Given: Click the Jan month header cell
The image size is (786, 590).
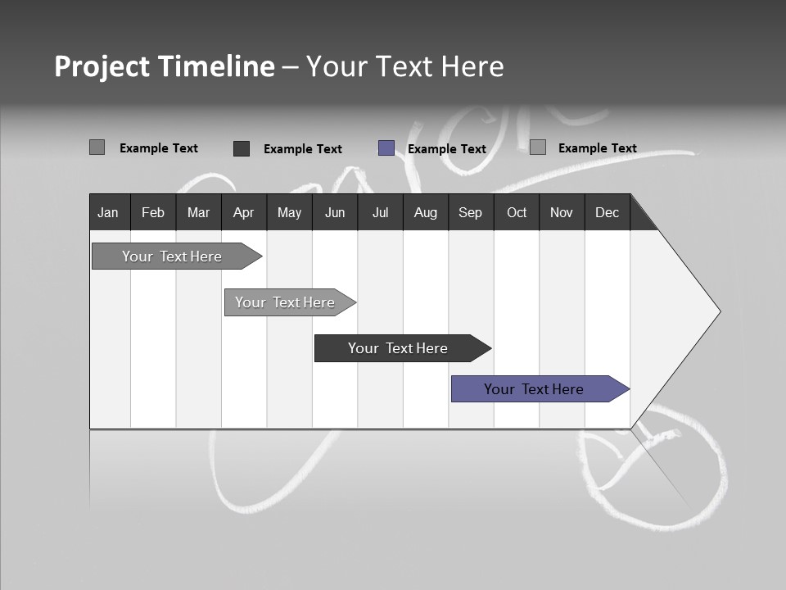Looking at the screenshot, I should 109,212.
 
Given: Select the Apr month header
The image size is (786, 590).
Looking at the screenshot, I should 243,212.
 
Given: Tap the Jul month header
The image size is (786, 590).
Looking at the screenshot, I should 380,212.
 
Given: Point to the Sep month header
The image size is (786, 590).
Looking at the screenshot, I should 470,212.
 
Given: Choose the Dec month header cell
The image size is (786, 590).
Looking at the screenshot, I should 607,212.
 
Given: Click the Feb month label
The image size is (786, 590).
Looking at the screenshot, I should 153,212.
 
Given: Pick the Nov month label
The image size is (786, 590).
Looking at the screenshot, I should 561,212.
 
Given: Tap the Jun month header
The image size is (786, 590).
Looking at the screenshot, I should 334,212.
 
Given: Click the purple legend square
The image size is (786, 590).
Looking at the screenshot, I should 386,148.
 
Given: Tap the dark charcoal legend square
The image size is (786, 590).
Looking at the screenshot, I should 242,148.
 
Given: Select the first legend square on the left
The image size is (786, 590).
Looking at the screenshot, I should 97,147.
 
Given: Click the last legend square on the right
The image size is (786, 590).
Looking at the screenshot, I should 538,147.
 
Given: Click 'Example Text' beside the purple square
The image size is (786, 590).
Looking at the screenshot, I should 446,149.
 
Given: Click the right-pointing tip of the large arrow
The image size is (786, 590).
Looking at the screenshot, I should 718,311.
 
